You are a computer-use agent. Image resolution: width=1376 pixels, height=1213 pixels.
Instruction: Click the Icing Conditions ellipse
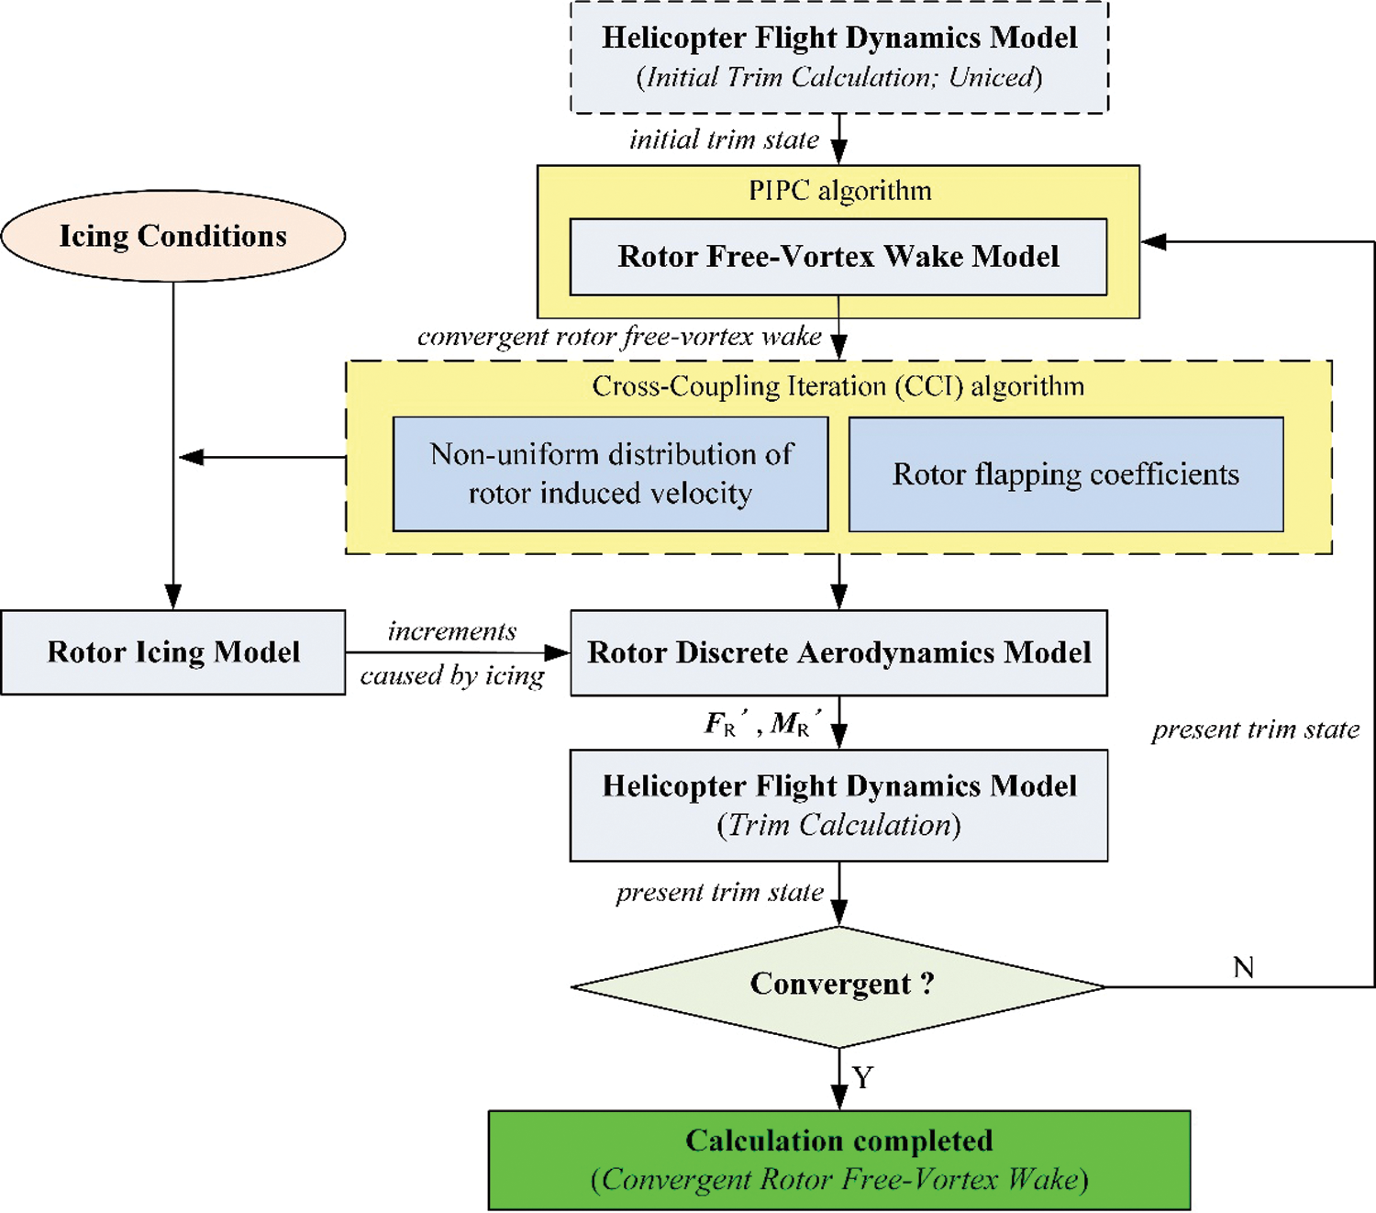(x=173, y=236)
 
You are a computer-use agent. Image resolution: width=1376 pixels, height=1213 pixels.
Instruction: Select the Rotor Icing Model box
(x=173, y=652)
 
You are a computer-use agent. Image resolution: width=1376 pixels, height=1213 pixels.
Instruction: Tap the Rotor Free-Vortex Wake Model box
(x=838, y=257)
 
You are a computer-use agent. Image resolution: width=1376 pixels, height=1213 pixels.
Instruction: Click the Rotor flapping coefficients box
(x=1066, y=474)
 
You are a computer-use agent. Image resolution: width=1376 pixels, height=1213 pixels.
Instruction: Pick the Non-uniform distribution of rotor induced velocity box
(x=611, y=474)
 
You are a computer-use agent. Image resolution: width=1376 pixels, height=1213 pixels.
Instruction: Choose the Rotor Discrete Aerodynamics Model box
(x=838, y=652)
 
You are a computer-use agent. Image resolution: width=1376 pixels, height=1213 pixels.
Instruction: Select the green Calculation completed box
(x=838, y=1160)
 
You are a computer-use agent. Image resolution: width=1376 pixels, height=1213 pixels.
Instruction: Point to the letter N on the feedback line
(x=1244, y=967)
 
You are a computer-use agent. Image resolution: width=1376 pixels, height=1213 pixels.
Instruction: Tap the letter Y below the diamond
(x=862, y=1077)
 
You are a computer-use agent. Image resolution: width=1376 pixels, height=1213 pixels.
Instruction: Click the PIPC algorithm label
(x=839, y=191)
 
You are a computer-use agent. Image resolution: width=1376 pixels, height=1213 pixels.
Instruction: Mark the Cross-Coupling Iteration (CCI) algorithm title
(x=838, y=386)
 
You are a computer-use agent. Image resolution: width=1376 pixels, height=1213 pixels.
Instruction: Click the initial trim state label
(x=724, y=139)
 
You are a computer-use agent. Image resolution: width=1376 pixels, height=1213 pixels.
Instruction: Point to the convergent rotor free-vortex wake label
(x=619, y=337)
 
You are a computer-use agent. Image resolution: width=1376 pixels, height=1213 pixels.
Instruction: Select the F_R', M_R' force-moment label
(x=757, y=724)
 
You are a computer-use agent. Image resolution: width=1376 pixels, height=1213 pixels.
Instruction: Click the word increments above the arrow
(x=452, y=631)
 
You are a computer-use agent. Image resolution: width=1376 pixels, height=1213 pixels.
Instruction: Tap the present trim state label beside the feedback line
(x=1256, y=729)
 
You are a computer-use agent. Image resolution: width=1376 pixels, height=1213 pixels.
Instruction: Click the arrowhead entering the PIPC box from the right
(x=1153, y=241)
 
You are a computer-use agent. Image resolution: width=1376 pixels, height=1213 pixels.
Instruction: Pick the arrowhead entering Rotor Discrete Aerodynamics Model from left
(x=558, y=652)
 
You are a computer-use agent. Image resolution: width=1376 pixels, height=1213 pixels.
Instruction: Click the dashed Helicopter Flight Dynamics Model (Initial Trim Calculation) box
(x=838, y=57)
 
